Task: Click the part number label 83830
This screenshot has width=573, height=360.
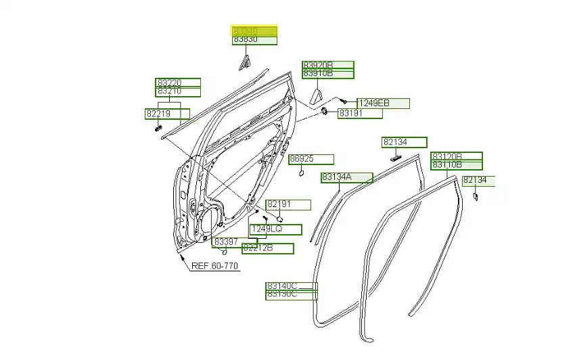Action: pyautogui.click(x=254, y=41)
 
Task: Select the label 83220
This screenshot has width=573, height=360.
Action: pyautogui.click(x=178, y=83)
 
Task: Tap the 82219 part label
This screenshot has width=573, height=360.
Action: pyautogui.click(x=167, y=114)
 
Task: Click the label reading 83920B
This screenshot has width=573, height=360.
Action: pyautogui.click(x=327, y=65)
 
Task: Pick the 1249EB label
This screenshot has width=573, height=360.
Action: pyautogui.click(x=383, y=104)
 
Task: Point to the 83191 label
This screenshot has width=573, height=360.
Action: pyautogui.click(x=360, y=114)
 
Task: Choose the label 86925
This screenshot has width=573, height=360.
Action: pyautogui.click(x=311, y=160)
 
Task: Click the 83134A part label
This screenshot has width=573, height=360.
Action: pyautogui.click(x=346, y=178)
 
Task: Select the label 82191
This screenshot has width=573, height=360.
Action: pyautogui.click(x=288, y=204)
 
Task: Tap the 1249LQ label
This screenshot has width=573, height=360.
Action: pyautogui.click(x=275, y=229)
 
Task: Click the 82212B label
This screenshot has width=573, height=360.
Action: pyautogui.click(x=268, y=248)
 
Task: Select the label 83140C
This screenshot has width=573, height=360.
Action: pyautogui.click(x=291, y=286)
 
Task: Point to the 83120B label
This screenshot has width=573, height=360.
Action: pyautogui.click(x=457, y=156)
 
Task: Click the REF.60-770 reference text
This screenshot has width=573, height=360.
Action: pyautogui.click(x=214, y=266)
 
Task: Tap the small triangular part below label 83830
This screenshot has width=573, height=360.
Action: pyautogui.click(x=244, y=64)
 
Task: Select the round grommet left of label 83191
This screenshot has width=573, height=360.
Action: pyautogui.click(x=325, y=111)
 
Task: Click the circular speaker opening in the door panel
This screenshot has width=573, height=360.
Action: pyautogui.click(x=210, y=220)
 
